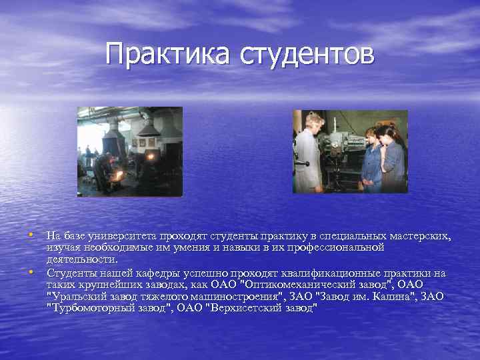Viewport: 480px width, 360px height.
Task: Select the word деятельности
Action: pos(82,259)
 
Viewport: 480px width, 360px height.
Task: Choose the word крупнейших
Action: pos(109,284)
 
